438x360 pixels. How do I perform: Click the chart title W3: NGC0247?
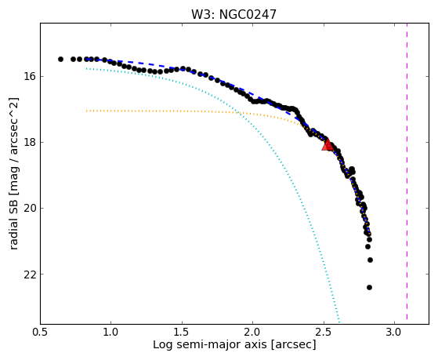coord(233,14)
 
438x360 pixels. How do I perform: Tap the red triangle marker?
coord(327,144)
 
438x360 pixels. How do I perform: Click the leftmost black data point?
coord(60,59)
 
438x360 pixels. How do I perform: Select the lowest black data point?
coord(369,287)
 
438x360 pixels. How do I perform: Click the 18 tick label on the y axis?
coord(28,142)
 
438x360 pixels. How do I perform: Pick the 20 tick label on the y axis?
coord(28,208)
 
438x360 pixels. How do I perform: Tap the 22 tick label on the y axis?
coord(28,275)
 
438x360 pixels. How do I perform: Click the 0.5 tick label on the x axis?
coord(41,333)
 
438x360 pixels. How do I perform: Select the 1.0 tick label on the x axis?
coord(111,333)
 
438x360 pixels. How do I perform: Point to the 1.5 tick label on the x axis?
coord(182,333)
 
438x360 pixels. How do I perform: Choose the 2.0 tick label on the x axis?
coord(253,333)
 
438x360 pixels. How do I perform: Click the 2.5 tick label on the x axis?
coord(324,333)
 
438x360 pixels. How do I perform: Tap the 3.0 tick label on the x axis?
coord(394,333)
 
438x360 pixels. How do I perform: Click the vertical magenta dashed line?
coord(407,171)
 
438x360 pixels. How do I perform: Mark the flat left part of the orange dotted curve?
coord(162,111)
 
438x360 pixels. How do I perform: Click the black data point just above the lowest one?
coord(370,260)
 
